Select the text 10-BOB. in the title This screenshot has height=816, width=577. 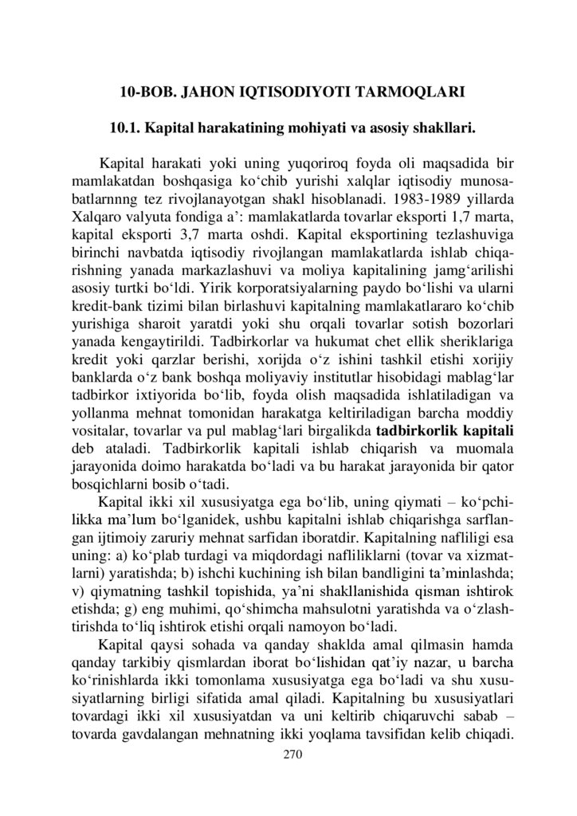pos(145,92)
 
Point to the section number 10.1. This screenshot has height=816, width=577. pos(124,127)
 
